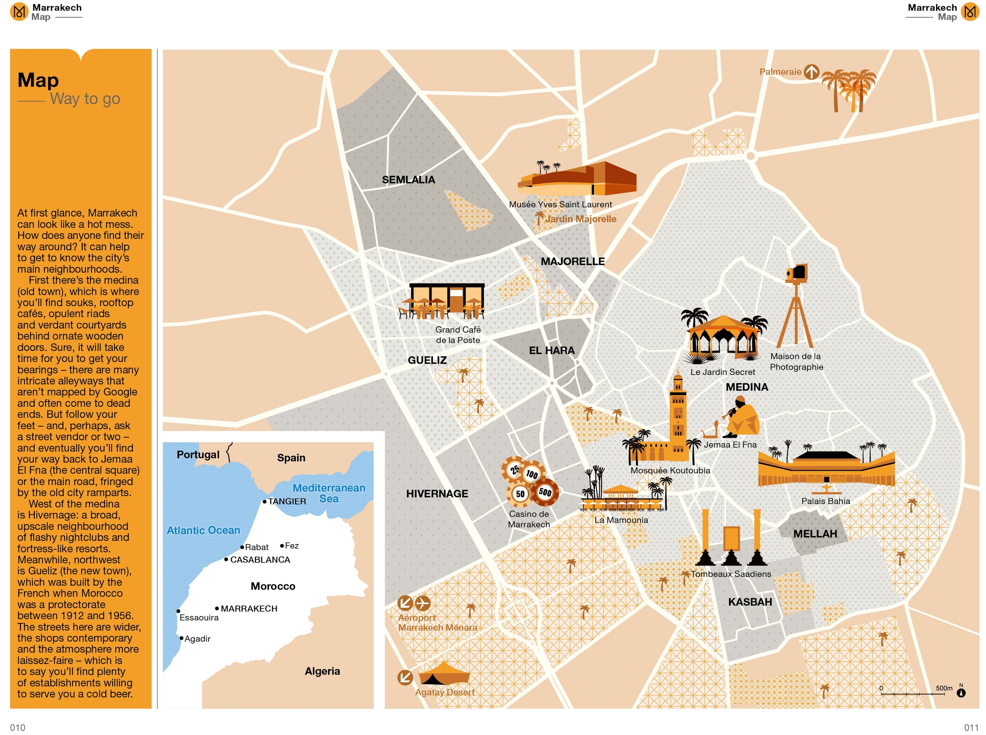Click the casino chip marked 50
[519, 494]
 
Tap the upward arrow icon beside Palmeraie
[811, 72]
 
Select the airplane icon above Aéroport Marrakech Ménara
[422, 603]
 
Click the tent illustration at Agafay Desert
[444, 674]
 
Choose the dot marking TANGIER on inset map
[264, 501]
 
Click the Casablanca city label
[260, 560]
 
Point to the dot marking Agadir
[181, 638]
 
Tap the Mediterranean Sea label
[329, 493]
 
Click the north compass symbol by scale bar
[961, 692]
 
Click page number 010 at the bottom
[17, 727]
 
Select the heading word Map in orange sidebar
[38, 80]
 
